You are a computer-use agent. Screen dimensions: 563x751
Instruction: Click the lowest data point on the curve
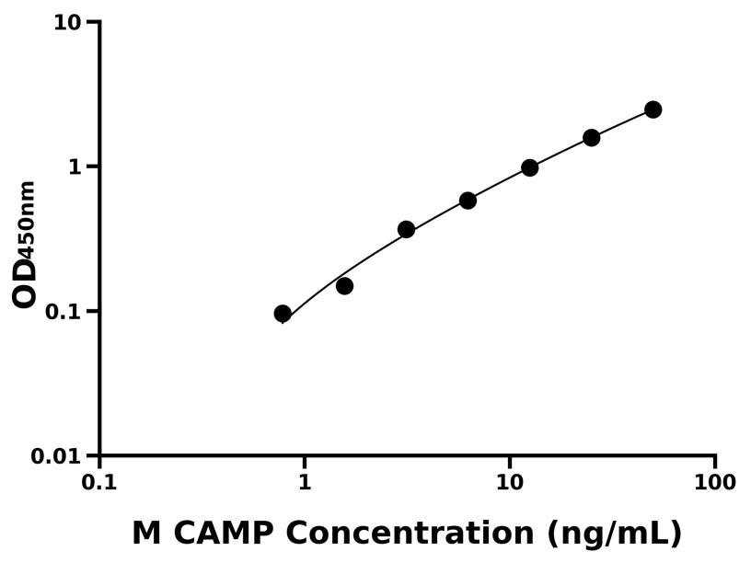[x=283, y=314]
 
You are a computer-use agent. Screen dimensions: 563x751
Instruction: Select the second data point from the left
[x=344, y=286]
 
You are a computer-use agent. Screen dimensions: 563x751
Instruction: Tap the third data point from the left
[x=406, y=229]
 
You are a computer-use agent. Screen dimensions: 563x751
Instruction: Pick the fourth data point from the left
[x=468, y=201]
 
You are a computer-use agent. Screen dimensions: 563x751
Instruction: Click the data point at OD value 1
[x=529, y=167]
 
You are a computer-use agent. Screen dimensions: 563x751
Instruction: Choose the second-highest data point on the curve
[x=591, y=138]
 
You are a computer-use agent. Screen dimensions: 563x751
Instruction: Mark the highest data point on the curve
[x=653, y=109]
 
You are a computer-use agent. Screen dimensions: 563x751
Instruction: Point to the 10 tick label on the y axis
[x=68, y=22]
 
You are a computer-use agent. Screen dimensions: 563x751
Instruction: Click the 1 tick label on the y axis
[x=77, y=167]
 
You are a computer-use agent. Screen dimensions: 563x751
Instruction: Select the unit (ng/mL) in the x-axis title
[x=613, y=534]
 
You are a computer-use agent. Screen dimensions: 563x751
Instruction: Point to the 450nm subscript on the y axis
[x=29, y=220]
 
